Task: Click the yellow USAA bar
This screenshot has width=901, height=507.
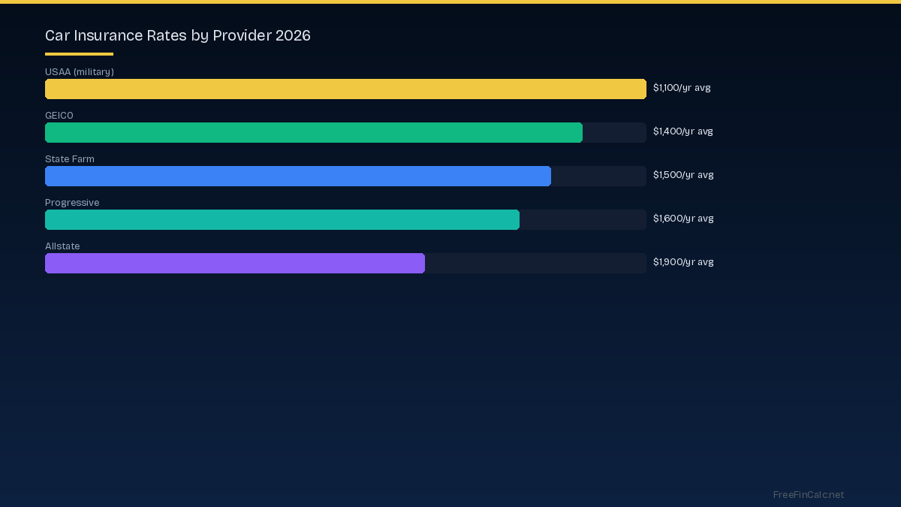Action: pyautogui.click(x=345, y=89)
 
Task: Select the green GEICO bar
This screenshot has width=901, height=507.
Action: pyautogui.click(x=314, y=132)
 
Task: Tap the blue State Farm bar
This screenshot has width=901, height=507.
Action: pyautogui.click(x=298, y=176)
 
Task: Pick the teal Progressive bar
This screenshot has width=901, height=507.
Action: pyautogui.click(x=282, y=219)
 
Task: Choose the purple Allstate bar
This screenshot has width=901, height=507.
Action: pyautogui.click(x=235, y=263)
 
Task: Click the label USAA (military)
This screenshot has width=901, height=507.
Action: pyautogui.click(x=80, y=72)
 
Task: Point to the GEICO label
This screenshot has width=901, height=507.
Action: pyautogui.click(x=59, y=116)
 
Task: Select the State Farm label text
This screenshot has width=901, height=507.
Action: pyautogui.click(x=70, y=159)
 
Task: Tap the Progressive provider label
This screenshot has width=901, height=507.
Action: pyautogui.click(x=72, y=203)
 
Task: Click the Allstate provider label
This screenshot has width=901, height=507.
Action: pyautogui.click(x=62, y=246)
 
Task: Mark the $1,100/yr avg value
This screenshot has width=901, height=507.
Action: pyautogui.click(x=682, y=88)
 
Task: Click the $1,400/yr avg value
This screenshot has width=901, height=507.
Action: pyautogui.click(x=683, y=131)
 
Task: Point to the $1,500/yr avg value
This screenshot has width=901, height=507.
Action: pyautogui.click(x=683, y=175)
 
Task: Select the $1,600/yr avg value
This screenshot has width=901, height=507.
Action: pyautogui.click(x=683, y=219)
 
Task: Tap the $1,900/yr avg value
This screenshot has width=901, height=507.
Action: pyautogui.click(x=683, y=262)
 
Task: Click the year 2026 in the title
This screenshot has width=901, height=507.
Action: pyautogui.click(x=292, y=35)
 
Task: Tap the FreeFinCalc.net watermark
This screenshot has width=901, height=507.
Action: pyautogui.click(x=809, y=495)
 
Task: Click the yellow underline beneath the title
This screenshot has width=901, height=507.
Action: pyautogui.click(x=79, y=54)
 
